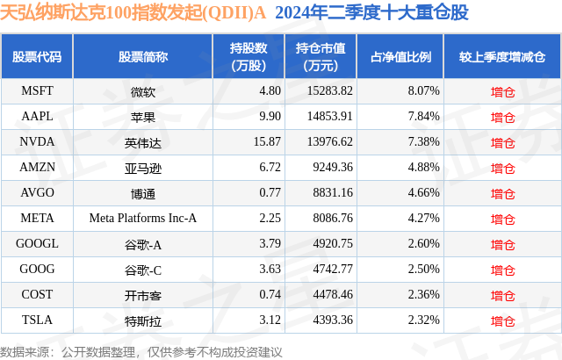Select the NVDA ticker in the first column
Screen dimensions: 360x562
(x=37, y=141)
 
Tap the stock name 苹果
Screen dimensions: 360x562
(x=142, y=116)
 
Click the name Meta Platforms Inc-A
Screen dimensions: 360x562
(x=142, y=218)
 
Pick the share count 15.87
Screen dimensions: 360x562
(x=241, y=141)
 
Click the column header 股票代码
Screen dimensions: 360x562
(x=37, y=57)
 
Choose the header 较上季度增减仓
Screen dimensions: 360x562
(x=502, y=57)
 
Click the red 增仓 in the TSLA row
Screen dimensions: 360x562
(x=503, y=320)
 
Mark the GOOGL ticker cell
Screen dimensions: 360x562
(x=37, y=243)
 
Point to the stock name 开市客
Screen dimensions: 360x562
(x=142, y=294)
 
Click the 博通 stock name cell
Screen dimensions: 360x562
(x=142, y=192)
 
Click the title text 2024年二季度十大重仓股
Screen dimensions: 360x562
(x=371, y=13)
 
